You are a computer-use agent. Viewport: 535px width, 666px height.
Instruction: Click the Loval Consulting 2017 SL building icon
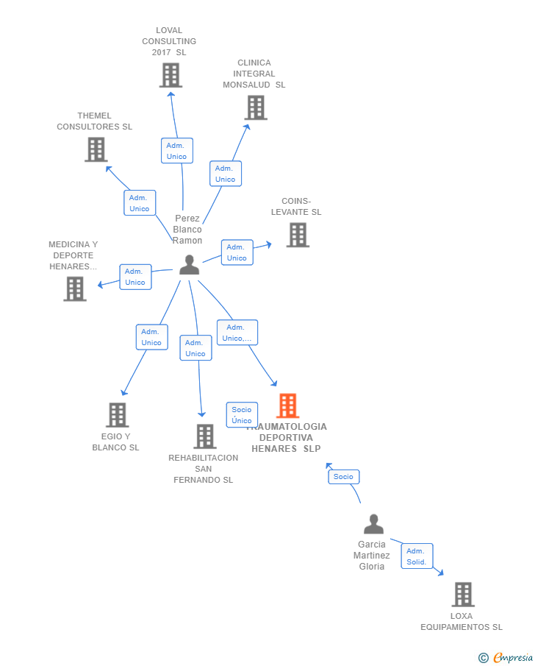(x=170, y=75)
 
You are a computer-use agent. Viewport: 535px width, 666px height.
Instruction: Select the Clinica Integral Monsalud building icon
(x=255, y=107)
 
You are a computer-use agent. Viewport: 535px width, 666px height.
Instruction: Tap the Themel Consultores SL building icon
(x=96, y=149)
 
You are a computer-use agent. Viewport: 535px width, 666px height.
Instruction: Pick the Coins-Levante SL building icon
(x=298, y=235)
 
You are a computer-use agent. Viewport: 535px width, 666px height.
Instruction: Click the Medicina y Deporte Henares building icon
(x=75, y=288)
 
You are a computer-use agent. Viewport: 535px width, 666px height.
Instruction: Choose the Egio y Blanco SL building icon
(x=117, y=415)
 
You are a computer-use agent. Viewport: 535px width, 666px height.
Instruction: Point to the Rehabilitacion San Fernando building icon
(x=204, y=436)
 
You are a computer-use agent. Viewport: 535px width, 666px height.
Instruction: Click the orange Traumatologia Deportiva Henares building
(x=287, y=405)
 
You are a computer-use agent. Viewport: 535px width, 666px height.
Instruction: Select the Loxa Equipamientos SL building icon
(x=462, y=594)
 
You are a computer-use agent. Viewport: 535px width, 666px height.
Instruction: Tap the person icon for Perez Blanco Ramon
(x=189, y=265)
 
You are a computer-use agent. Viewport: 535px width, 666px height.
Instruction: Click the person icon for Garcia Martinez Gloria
(x=373, y=524)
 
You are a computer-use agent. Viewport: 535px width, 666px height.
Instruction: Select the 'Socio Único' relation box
(x=242, y=415)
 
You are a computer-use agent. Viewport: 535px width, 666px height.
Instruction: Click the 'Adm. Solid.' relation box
(x=417, y=556)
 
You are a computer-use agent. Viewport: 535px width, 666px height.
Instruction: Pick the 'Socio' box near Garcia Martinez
(x=343, y=477)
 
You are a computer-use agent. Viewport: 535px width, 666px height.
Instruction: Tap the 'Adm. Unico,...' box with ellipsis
(x=237, y=333)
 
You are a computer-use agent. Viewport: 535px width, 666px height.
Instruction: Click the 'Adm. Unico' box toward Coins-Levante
(x=237, y=252)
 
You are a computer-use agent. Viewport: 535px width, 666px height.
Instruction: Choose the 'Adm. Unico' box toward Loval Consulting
(x=177, y=151)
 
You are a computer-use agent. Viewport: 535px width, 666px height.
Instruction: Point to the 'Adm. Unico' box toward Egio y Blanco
(x=151, y=337)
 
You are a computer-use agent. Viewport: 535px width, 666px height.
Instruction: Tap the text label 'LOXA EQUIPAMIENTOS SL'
(x=462, y=622)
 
